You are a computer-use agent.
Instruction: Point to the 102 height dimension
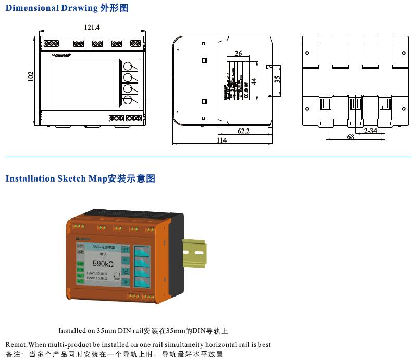[30, 76]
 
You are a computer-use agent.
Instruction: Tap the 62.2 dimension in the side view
[243, 131]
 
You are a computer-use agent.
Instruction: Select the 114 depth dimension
[222, 140]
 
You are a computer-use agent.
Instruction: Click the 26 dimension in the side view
[238, 54]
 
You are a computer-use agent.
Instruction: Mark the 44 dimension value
[254, 81]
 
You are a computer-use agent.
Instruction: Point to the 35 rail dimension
[277, 79]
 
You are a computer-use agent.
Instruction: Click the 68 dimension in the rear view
[351, 137]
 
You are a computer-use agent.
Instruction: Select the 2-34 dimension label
[370, 131]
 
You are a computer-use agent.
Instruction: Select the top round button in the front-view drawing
[127, 66]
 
